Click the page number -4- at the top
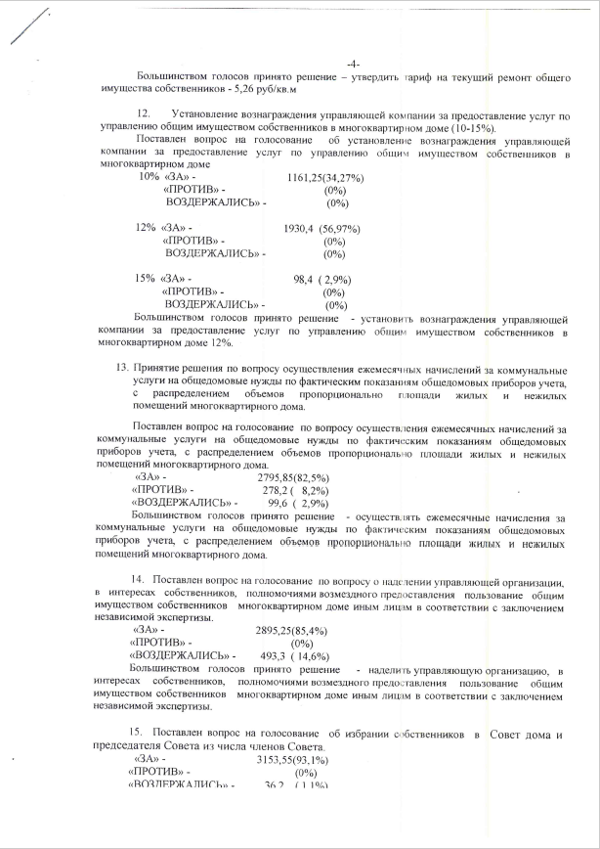(354, 65)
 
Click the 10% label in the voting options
(148, 177)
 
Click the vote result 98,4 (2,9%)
(321, 279)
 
